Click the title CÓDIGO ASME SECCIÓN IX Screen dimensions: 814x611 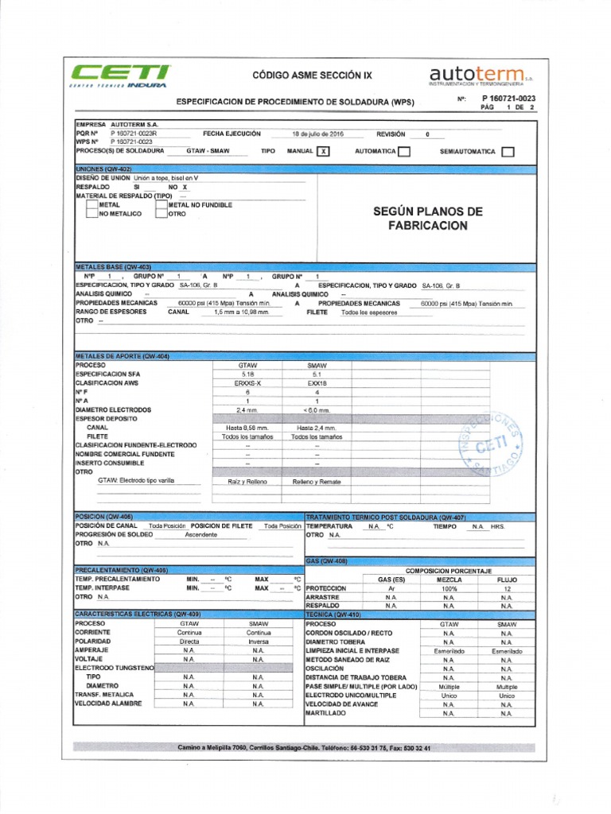[311, 75]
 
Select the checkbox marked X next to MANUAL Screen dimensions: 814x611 [322, 151]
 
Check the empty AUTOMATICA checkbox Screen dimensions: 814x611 [404, 151]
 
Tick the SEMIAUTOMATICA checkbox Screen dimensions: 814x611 [508, 151]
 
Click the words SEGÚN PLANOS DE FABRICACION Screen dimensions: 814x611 [427, 219]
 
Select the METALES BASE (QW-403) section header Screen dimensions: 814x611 [113, 267]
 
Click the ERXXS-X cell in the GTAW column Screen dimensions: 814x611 [247, 383]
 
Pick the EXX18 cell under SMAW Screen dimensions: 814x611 [317, 383]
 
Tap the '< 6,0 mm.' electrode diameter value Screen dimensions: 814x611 [317, 410]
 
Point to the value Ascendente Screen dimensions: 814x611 [200, 535]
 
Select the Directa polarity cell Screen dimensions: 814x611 [189, 641]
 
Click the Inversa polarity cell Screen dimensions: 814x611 [258, 641]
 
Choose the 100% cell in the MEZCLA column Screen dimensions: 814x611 [449, 588]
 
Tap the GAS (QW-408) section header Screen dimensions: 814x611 [327, 560]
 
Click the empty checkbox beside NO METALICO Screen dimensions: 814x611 [91, 214]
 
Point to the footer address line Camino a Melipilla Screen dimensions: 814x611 [305, 748]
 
